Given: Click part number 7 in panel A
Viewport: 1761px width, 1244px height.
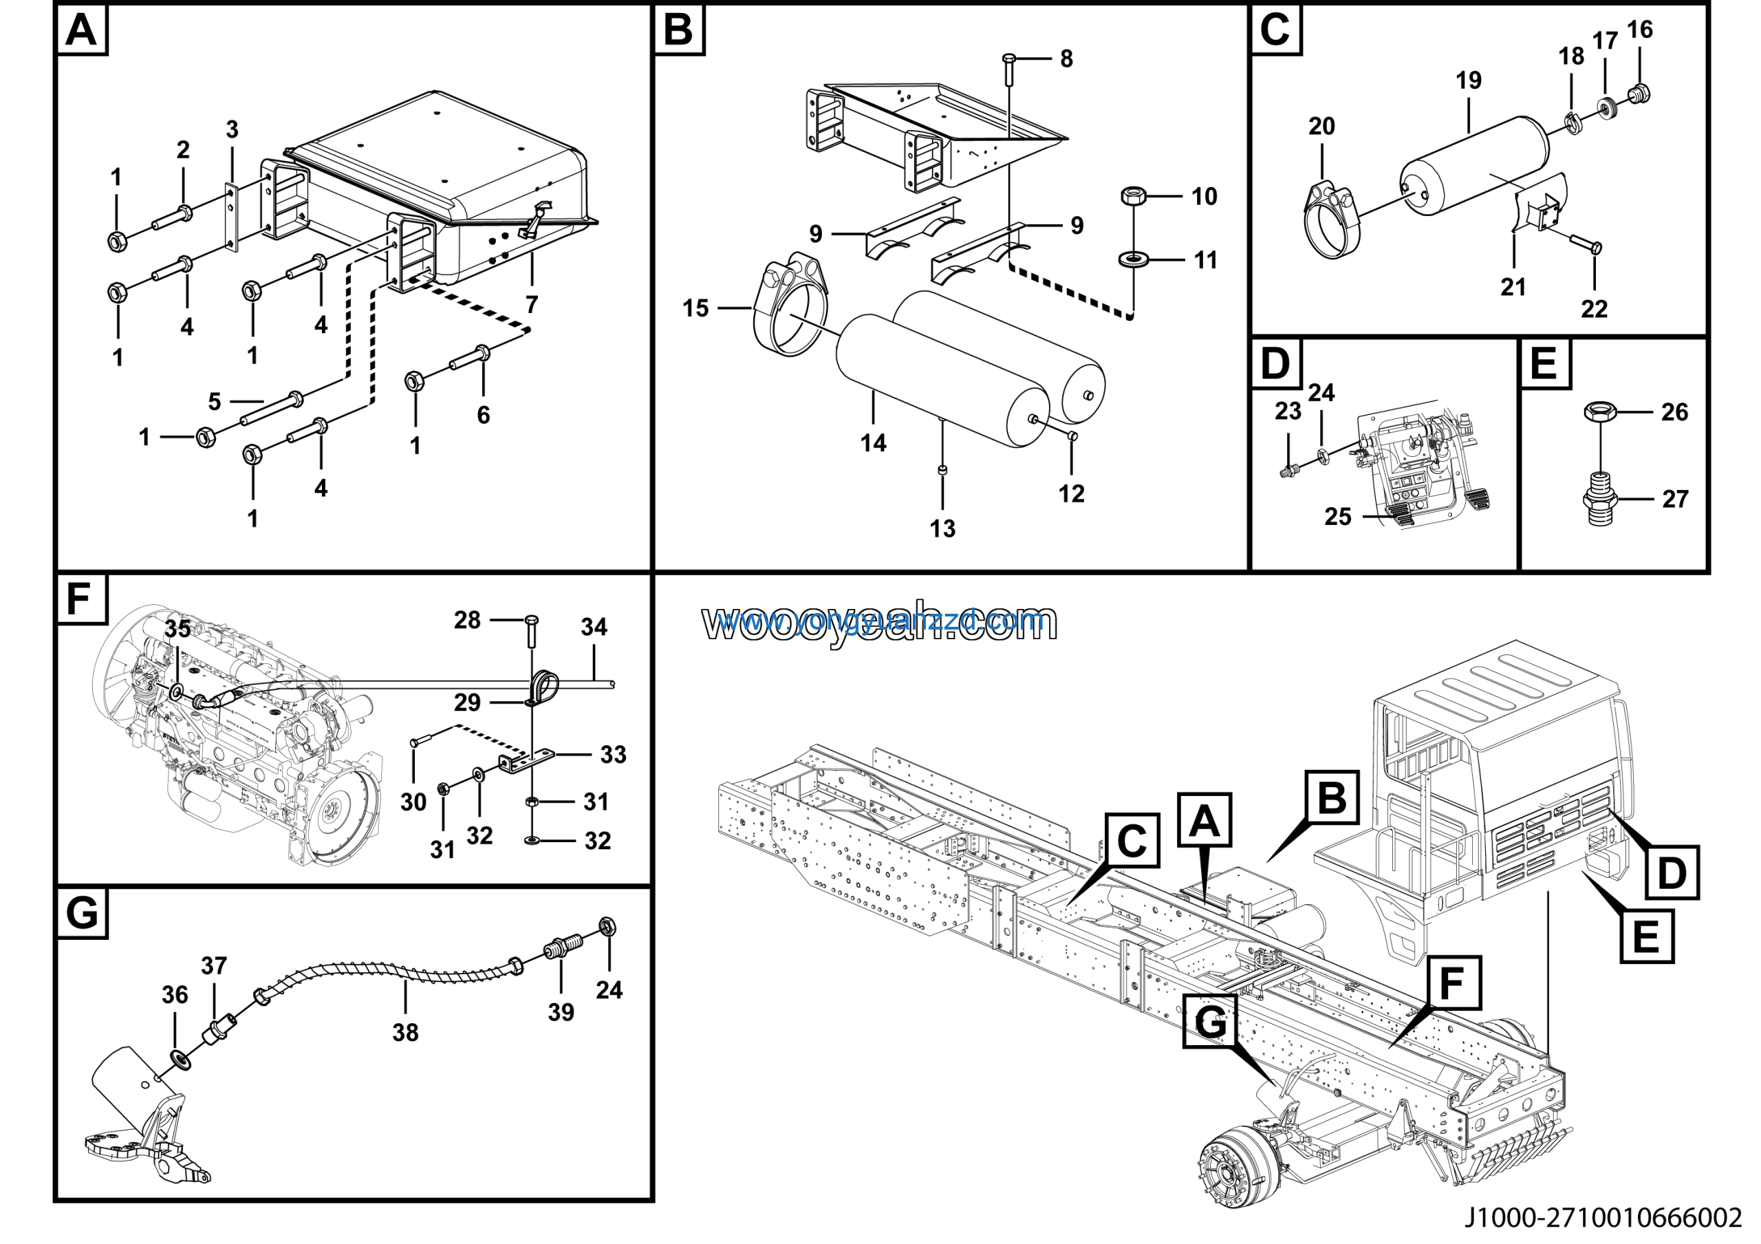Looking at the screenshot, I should click(x=532, y=305).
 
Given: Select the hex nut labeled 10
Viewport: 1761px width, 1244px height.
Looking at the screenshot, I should click(x=1134, y=196).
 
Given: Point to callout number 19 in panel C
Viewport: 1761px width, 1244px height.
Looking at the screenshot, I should click(x=1468, y=81).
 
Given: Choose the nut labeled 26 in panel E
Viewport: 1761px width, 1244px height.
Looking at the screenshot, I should click(x=1601, y=412).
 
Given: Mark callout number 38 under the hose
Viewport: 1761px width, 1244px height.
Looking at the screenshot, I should click(x=405, y=1033).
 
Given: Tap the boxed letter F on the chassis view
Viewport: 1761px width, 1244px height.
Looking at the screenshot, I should click(x=1452, y=984).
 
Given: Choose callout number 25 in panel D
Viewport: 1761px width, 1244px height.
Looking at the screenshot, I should click(x=1338, y=517).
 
